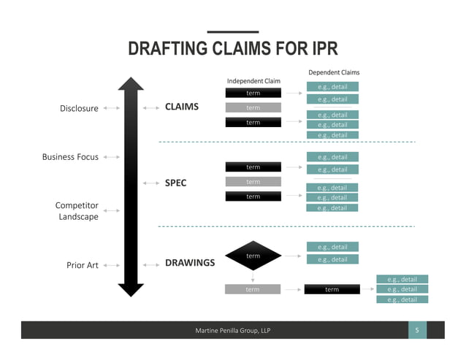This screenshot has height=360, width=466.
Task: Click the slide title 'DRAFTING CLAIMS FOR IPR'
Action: [232, 50]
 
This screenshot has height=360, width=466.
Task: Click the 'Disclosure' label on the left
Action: [79, 109]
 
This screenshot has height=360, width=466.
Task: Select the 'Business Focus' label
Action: [70, 156]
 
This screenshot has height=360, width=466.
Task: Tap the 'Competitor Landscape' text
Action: [77, 211]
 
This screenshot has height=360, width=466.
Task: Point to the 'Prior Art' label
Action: [83, 265]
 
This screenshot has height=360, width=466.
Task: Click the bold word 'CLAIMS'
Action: [182, 107]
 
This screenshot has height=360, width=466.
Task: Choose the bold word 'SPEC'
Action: [175, 183]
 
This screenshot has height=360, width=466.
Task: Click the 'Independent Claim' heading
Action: [253, 80]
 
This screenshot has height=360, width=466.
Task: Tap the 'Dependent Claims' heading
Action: [333, 72]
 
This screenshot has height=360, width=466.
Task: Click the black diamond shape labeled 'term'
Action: [253, 256]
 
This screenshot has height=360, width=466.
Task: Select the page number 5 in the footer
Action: [416, 331]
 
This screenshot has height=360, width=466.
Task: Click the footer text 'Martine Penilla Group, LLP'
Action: [232, 332]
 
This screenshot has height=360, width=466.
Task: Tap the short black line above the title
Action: [232, 32]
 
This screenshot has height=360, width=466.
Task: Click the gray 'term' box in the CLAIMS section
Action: [253, 107]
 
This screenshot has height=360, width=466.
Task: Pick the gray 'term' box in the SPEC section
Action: [253, 181]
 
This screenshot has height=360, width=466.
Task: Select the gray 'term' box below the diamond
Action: [253, 289]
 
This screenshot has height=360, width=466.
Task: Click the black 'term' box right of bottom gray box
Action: [332, 289]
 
